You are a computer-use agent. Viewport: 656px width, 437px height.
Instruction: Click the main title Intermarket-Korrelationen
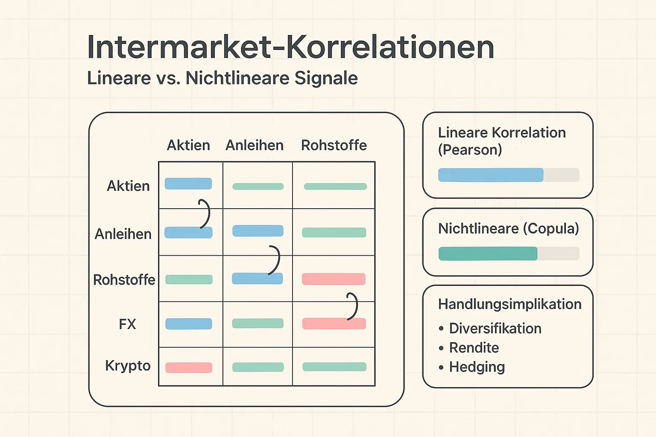point(290,47)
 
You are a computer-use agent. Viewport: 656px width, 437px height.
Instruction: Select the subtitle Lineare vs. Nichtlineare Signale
point(222,78)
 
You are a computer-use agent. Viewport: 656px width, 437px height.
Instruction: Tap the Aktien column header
point(188,145)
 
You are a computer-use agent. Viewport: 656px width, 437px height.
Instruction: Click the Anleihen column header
point(255,145)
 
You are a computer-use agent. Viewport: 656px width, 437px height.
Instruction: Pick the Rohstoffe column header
point(334,145)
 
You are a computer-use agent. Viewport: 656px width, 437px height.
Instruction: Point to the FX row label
point(127,324)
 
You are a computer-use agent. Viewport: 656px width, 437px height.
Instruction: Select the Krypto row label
point(128,366)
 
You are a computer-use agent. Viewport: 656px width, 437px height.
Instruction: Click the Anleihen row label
point(123,234)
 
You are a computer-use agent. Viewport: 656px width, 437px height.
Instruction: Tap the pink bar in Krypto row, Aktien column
point(189,367)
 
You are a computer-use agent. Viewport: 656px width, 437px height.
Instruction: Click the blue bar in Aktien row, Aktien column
point(188,184)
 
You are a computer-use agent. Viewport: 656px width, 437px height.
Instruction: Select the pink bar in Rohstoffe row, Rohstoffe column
point(334,279)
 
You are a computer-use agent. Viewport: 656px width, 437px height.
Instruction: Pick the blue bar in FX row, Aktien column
point(189,323)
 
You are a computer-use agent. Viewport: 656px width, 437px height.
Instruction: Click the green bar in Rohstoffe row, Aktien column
point(189,280)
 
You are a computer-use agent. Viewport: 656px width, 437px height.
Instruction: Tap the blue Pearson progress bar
point(491,175)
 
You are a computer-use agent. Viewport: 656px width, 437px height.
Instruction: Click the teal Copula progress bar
point(488,253)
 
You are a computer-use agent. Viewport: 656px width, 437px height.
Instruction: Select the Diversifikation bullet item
point(495,328)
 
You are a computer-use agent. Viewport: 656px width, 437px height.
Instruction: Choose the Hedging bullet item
point(477,367)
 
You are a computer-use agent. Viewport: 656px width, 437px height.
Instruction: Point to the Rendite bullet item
point(474,348)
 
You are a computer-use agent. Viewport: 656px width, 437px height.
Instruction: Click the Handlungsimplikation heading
point(510,304)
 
